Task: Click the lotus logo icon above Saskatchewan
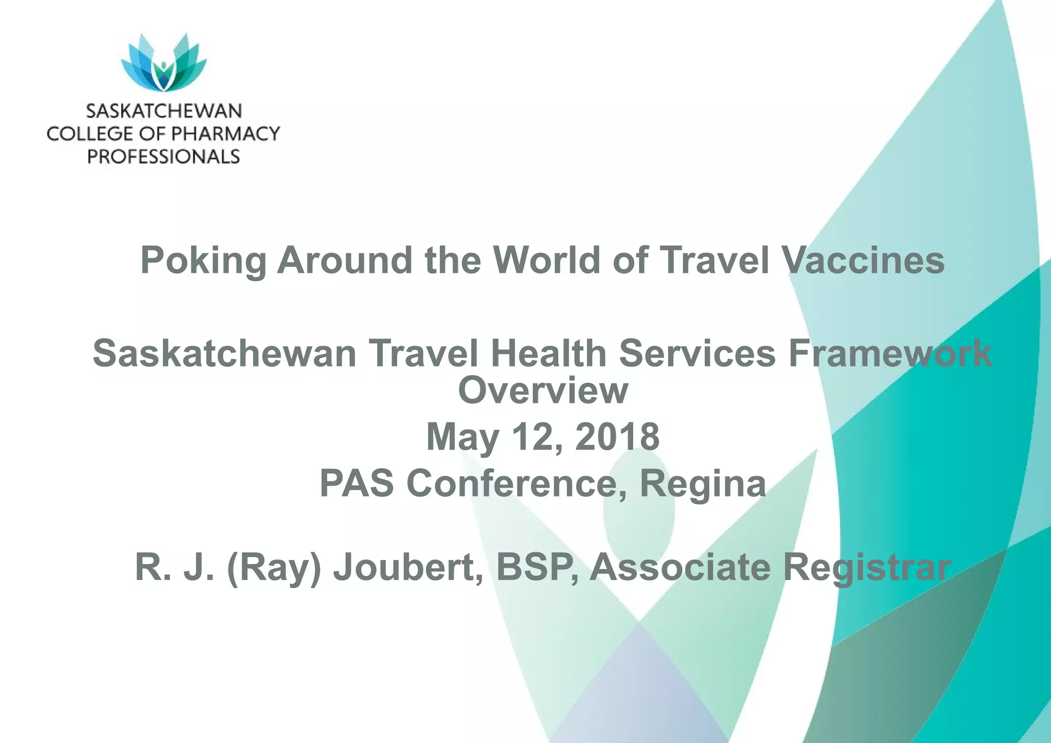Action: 164,63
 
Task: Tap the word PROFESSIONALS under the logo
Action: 164,156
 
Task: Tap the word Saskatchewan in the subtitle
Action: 224,354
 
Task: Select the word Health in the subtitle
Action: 549,354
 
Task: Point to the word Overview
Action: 543,390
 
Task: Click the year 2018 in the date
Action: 617,437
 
